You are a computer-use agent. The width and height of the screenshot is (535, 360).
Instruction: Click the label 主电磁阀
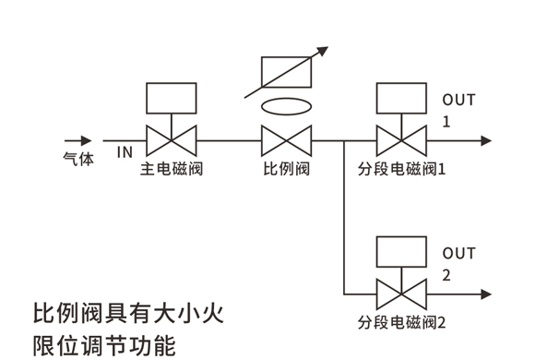[x=172, y=169]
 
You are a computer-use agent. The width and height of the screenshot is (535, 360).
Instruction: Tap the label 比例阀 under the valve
[x=286, y=169]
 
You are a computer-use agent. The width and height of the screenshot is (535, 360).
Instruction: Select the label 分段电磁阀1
[x=401, y=169]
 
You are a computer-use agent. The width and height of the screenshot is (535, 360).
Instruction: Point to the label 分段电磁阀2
[x=401, y=322]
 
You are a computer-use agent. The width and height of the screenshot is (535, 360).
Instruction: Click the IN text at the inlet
[x=125, y=152]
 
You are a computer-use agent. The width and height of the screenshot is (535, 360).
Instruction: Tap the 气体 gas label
[x=78, y=159]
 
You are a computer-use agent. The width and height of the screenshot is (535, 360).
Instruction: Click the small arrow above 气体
[x=78, y=140]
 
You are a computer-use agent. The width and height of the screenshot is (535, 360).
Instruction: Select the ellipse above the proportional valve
[x=286, y=106]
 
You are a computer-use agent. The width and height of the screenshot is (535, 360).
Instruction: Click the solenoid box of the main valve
[x=172, y=98]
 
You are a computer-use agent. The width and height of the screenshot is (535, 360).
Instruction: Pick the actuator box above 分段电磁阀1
[x=401, y=98]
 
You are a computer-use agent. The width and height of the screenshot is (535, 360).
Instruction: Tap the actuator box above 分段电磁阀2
[x=401, y=252]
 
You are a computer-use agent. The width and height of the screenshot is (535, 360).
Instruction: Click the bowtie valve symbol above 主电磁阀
[x=172, y=140]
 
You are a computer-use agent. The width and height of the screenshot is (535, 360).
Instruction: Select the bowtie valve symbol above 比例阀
[x=286, y=140]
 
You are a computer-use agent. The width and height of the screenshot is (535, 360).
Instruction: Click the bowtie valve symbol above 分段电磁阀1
[x=401, y=140]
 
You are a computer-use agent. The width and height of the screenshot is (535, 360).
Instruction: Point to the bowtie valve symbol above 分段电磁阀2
[x=401, y=294]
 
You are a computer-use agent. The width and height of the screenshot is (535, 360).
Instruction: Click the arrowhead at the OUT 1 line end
[x=486, y=140]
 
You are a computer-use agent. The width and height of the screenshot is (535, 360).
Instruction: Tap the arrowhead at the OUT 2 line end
[x=486, y=294]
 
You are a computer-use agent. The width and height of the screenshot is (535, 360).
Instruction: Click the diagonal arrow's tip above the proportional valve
[x=327, y=47]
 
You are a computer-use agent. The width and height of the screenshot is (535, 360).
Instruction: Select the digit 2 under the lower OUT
[x=446, y=275]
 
